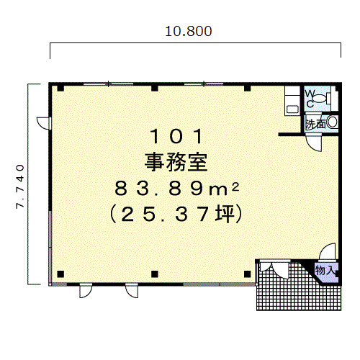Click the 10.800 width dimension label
[x=189, y=32]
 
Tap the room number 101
[x=176, y=136]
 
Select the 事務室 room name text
[x=176, y=163]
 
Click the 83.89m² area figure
[x=177, y=189]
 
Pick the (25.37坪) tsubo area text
[x=176, y=214]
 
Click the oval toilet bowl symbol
[x=320, y=99]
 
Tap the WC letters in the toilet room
[x=310, y=99]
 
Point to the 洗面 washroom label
[x=315, y=124]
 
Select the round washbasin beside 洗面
[x=332, y=122]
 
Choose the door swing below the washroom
[x=314, y=143]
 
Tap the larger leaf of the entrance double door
[x=280, y=270]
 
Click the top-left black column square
[x=60, y=88]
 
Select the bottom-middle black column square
[x=155, y=274]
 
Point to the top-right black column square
[x=248, y=88]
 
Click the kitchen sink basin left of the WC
[x=292, y=109]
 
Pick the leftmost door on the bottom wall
[x=86, y=290]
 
